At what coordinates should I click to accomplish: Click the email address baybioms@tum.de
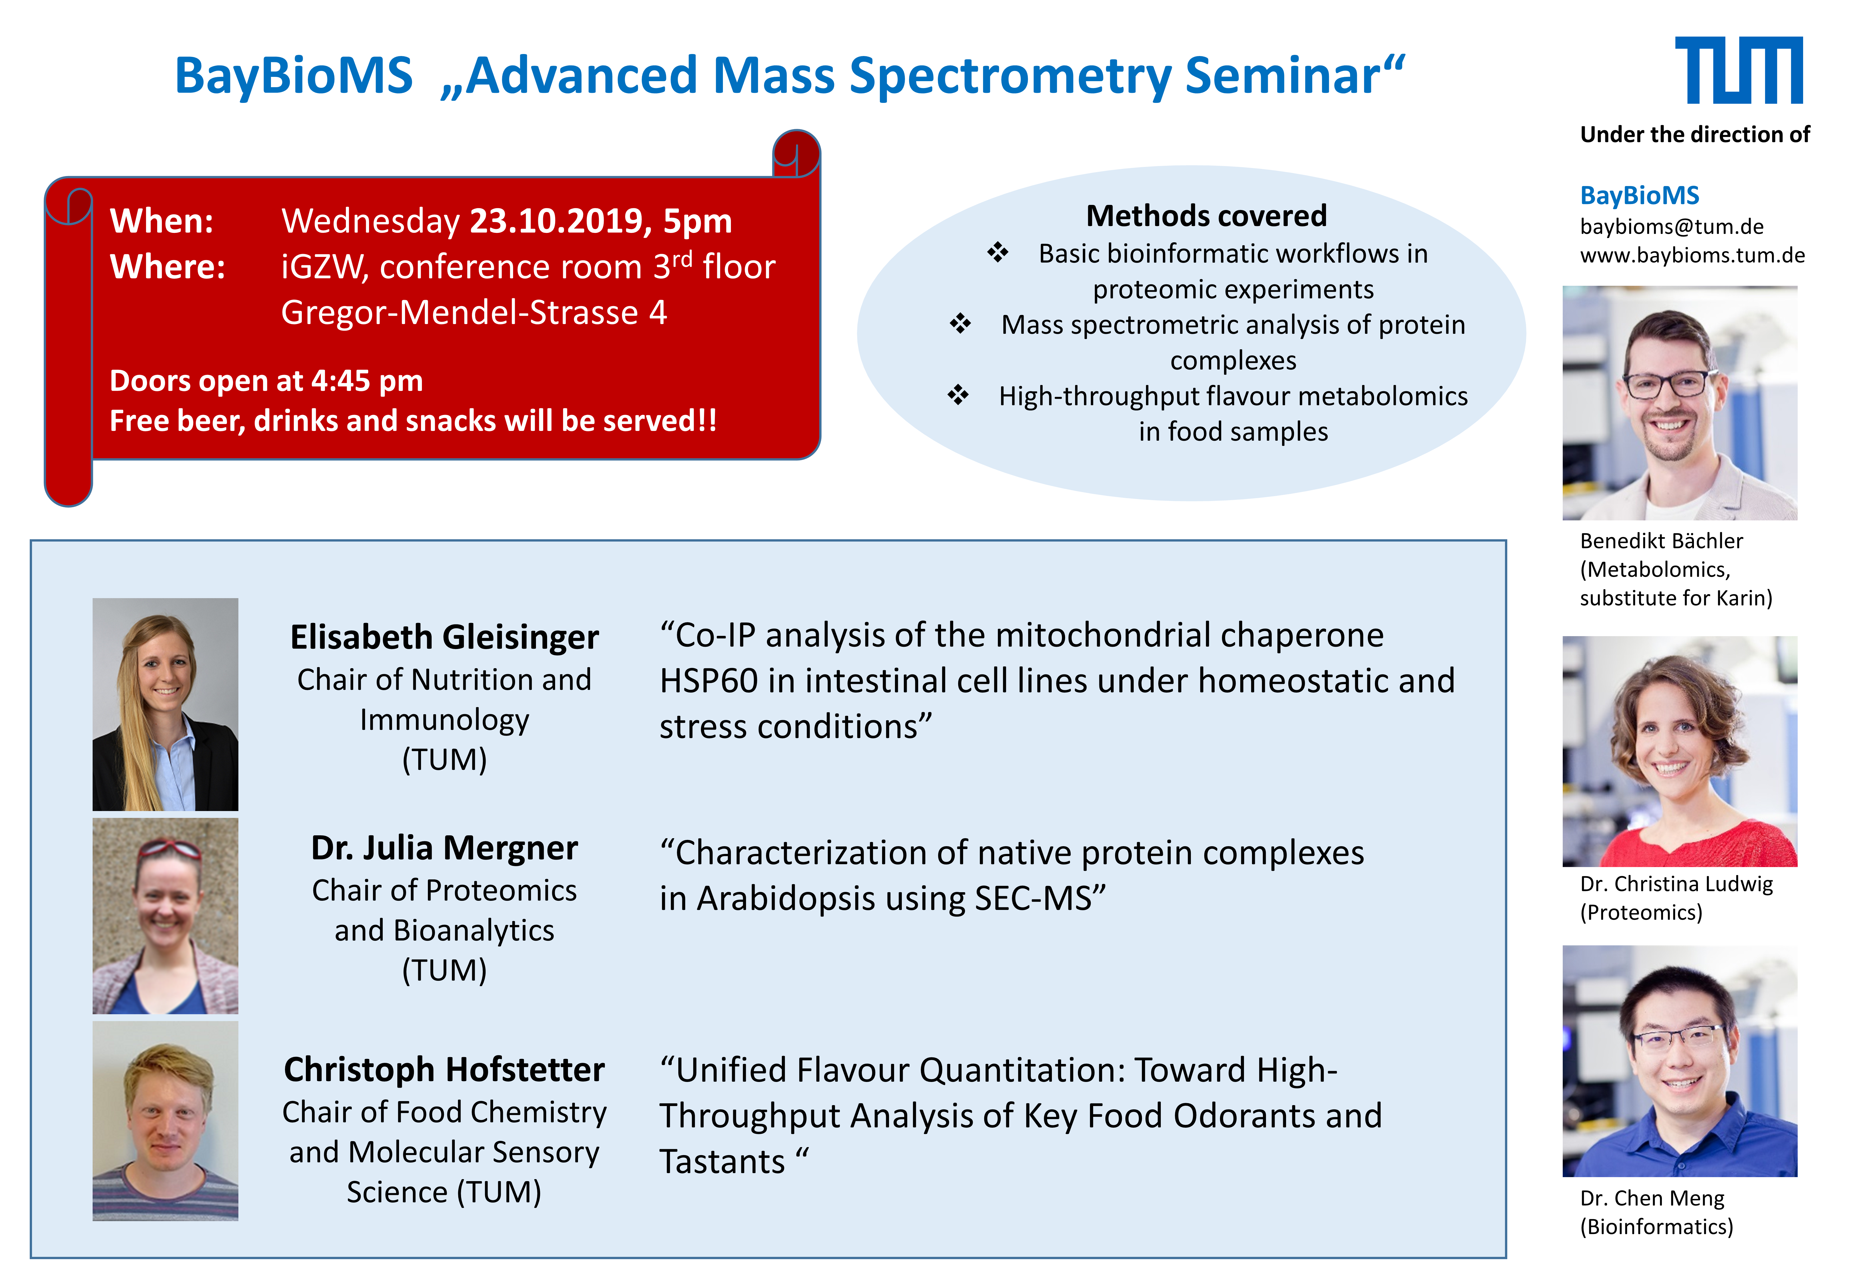pos(1672,226)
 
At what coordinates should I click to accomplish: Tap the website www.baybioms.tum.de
pos(1692,255)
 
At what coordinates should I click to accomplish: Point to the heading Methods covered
pos(1206,216)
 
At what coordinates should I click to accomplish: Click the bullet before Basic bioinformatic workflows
pos(998,252)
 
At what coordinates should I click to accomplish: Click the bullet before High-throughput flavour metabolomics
pos(958,395)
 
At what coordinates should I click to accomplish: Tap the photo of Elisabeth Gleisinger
pos(165,704)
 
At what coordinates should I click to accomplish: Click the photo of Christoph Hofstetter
pos(165,1121)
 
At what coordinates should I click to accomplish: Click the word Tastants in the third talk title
pos(722,1162)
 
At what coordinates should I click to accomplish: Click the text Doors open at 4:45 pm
pos(266,380)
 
